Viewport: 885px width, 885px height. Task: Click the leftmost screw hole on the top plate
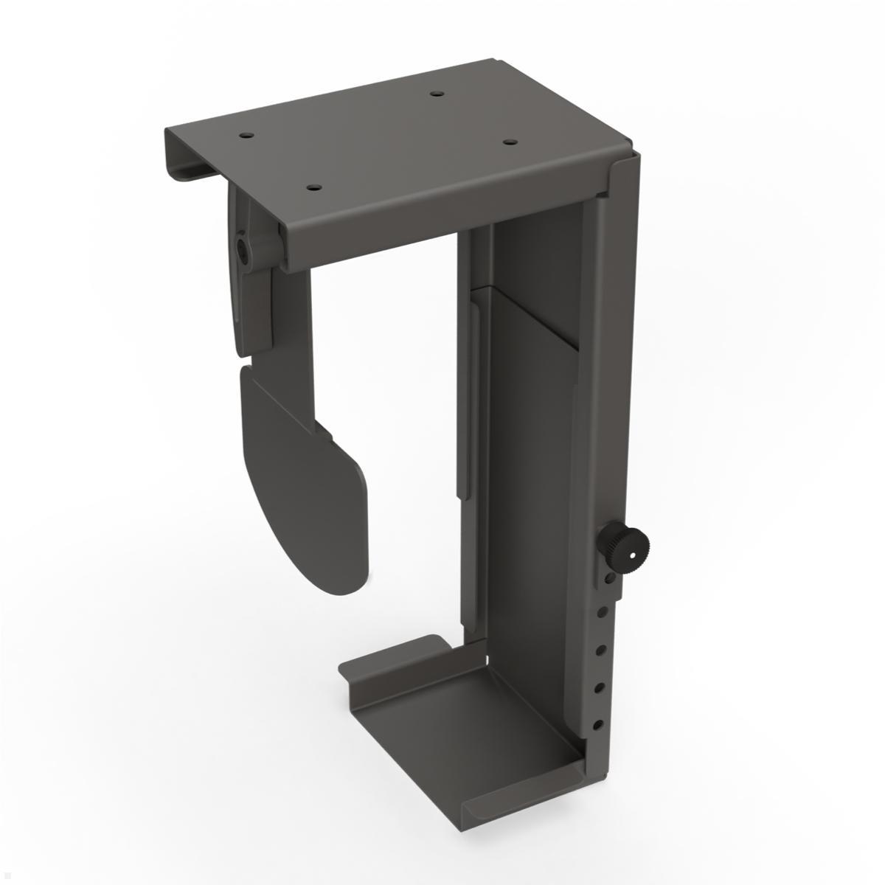(243, 136)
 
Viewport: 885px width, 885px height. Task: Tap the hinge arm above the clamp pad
(254, 310)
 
